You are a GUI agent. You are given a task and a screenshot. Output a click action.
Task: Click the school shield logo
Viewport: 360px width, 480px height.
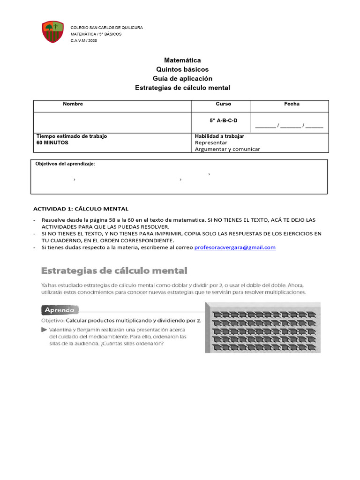pos(52,31)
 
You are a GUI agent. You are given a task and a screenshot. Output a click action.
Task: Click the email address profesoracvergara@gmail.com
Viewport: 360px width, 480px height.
pos(235,247)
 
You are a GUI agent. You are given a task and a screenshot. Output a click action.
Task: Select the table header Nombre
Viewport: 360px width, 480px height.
pos(73,104)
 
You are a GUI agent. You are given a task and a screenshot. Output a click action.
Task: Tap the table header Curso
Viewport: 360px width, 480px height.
pos(223,104)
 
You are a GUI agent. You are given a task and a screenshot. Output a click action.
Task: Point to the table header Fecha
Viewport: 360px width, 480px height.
pos(292,104)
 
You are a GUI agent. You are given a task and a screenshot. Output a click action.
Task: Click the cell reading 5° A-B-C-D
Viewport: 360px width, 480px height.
pos(224,120)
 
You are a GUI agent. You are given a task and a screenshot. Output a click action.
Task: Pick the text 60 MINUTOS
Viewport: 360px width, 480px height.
pos(52,142)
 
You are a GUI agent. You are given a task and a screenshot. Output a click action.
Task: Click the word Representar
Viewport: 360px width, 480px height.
pos(211,142)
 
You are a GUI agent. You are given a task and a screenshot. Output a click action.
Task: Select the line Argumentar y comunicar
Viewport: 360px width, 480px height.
pos(227,149)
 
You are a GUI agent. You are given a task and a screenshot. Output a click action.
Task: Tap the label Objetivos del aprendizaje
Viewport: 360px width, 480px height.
pos(65,164)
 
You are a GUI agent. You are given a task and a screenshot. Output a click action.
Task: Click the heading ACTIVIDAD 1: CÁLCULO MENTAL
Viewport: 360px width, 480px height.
pos(81,209)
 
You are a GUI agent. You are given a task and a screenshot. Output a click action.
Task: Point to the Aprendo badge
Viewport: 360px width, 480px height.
pos(60,310)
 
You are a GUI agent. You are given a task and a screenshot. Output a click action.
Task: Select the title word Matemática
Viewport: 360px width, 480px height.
pos(182,60)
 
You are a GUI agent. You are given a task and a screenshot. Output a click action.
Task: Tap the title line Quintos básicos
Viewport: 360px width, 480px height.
pos(182,69)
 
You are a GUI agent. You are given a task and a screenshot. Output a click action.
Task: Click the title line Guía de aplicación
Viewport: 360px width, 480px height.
pos(182,78)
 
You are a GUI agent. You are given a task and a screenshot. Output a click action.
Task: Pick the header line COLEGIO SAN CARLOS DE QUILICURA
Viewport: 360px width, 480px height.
pos(106,28)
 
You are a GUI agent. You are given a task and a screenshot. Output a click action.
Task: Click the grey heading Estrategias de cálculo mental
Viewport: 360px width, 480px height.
pos(114,270)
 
